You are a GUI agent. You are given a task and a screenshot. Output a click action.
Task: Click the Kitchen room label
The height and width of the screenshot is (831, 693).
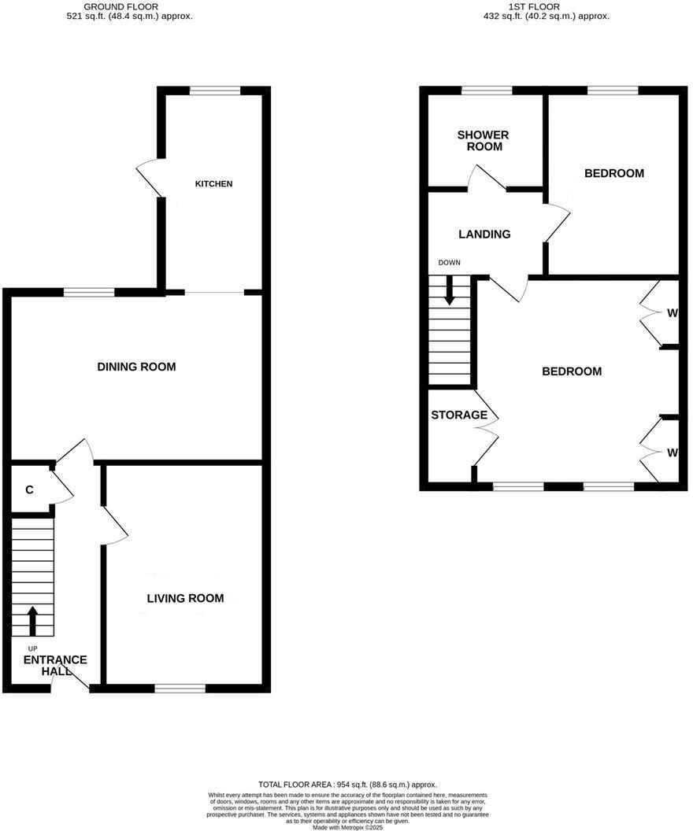point(214,184)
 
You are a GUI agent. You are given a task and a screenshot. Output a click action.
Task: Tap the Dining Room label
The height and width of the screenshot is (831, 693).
point(136,367)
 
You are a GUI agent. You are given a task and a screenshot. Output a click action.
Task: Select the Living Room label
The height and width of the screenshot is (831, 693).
point(185,598)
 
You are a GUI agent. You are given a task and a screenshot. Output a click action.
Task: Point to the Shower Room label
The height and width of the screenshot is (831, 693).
point(483,140)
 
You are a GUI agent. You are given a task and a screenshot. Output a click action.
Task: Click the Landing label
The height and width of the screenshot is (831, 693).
point(484,234)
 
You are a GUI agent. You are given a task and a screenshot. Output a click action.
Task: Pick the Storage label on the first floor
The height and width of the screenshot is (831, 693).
point(459,415)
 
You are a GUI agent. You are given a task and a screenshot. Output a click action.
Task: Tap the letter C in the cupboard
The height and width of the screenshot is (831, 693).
point(29,490)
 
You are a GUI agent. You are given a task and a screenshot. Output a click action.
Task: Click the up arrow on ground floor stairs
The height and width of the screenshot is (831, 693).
point(32,620)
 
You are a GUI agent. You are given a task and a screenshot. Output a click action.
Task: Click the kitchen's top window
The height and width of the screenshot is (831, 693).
point(214,91)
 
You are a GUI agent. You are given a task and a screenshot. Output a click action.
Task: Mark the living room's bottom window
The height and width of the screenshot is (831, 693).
point(180,689)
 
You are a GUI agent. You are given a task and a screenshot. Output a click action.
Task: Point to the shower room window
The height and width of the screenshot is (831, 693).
point(486,91)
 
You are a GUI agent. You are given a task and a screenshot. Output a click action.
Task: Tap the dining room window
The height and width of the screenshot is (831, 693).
point(89,293)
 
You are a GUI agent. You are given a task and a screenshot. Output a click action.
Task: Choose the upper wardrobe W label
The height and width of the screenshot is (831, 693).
point(672,313)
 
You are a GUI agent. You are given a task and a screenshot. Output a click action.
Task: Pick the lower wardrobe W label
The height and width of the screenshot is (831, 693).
point(672,452)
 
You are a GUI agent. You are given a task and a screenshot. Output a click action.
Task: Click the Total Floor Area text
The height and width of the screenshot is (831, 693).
point(347,785)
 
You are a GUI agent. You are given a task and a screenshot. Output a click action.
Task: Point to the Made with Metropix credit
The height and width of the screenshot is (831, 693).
point(346,827)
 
